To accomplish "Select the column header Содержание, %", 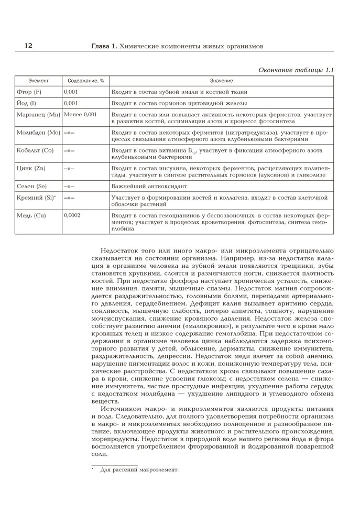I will pos(85,81).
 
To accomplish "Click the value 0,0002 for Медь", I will pos(72,215).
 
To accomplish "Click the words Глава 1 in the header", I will pos(104,47).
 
